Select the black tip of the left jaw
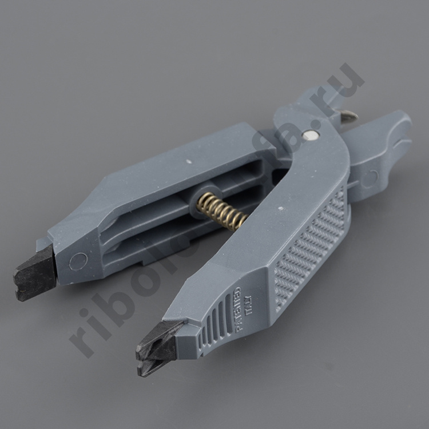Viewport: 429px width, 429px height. pos(34,272)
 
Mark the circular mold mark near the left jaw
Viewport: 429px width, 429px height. pos(78,261)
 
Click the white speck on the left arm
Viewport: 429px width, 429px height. pos(189,162)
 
